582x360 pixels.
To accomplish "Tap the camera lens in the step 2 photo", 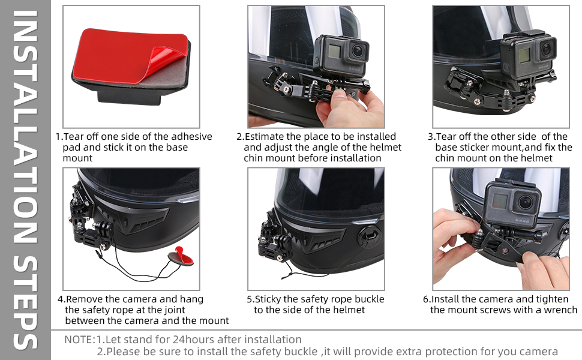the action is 358,50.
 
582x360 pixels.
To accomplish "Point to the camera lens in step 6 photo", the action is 526,203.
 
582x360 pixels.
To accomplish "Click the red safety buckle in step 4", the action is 180,256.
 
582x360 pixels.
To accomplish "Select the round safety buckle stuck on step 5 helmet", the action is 370,235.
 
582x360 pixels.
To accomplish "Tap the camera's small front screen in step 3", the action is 524,56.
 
